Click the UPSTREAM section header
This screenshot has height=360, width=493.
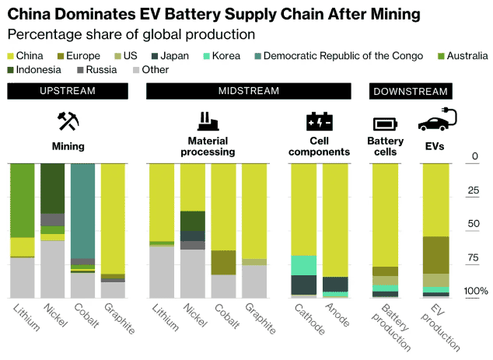pyautogui.click(x=68, y=91)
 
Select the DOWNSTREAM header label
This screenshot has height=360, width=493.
pyautogui.click(x=410, y=92)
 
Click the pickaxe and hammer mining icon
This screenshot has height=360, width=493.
pyautogui.click(x=68, y=122)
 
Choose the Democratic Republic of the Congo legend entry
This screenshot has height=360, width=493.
pyautogui.click(x=342, y=56)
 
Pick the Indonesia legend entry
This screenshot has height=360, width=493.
pyautogui.click(x=40, y=70)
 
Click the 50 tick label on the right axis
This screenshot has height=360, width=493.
pyautogui.click(x=474, y=225)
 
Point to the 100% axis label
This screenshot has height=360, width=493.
pyautogui.click(x=476, y=292)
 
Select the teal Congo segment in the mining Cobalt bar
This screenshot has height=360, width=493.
pyautogui.click(x=82, y=210)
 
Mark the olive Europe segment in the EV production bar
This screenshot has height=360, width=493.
pyautogui.click(x=435, y=254)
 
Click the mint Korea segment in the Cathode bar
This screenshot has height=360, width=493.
pyautogui.click(x=304, y=265)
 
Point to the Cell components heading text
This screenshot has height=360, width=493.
pyautogui.click(x=320, y=146)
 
